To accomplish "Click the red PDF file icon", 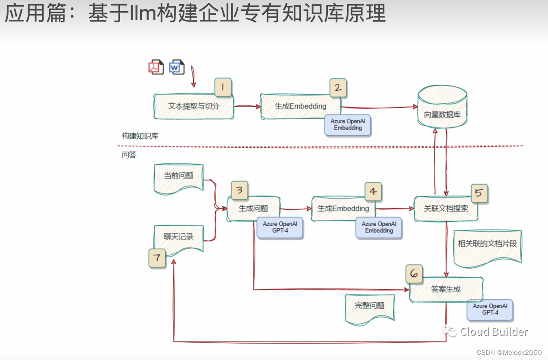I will pos(156,67).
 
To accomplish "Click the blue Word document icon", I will pos(177,67).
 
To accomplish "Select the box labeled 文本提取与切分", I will pos(194,106).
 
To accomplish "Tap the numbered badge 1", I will pos(223,87).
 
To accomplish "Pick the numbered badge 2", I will pos(338,88).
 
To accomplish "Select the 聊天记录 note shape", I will pos(178,238).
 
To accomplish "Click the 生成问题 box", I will pos(253,209).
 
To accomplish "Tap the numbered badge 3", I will pos(240,190).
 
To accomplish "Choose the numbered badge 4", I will pos(373,192).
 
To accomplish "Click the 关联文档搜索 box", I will pos(446,209).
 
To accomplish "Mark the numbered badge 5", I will pos(479,193).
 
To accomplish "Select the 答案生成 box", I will pos(446,289).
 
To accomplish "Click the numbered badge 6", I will pos(414,274).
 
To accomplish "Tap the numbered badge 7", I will pos(157,258).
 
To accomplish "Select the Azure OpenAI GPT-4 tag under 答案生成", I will pos(490,310).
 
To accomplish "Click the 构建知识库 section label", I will pos(140,136).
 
